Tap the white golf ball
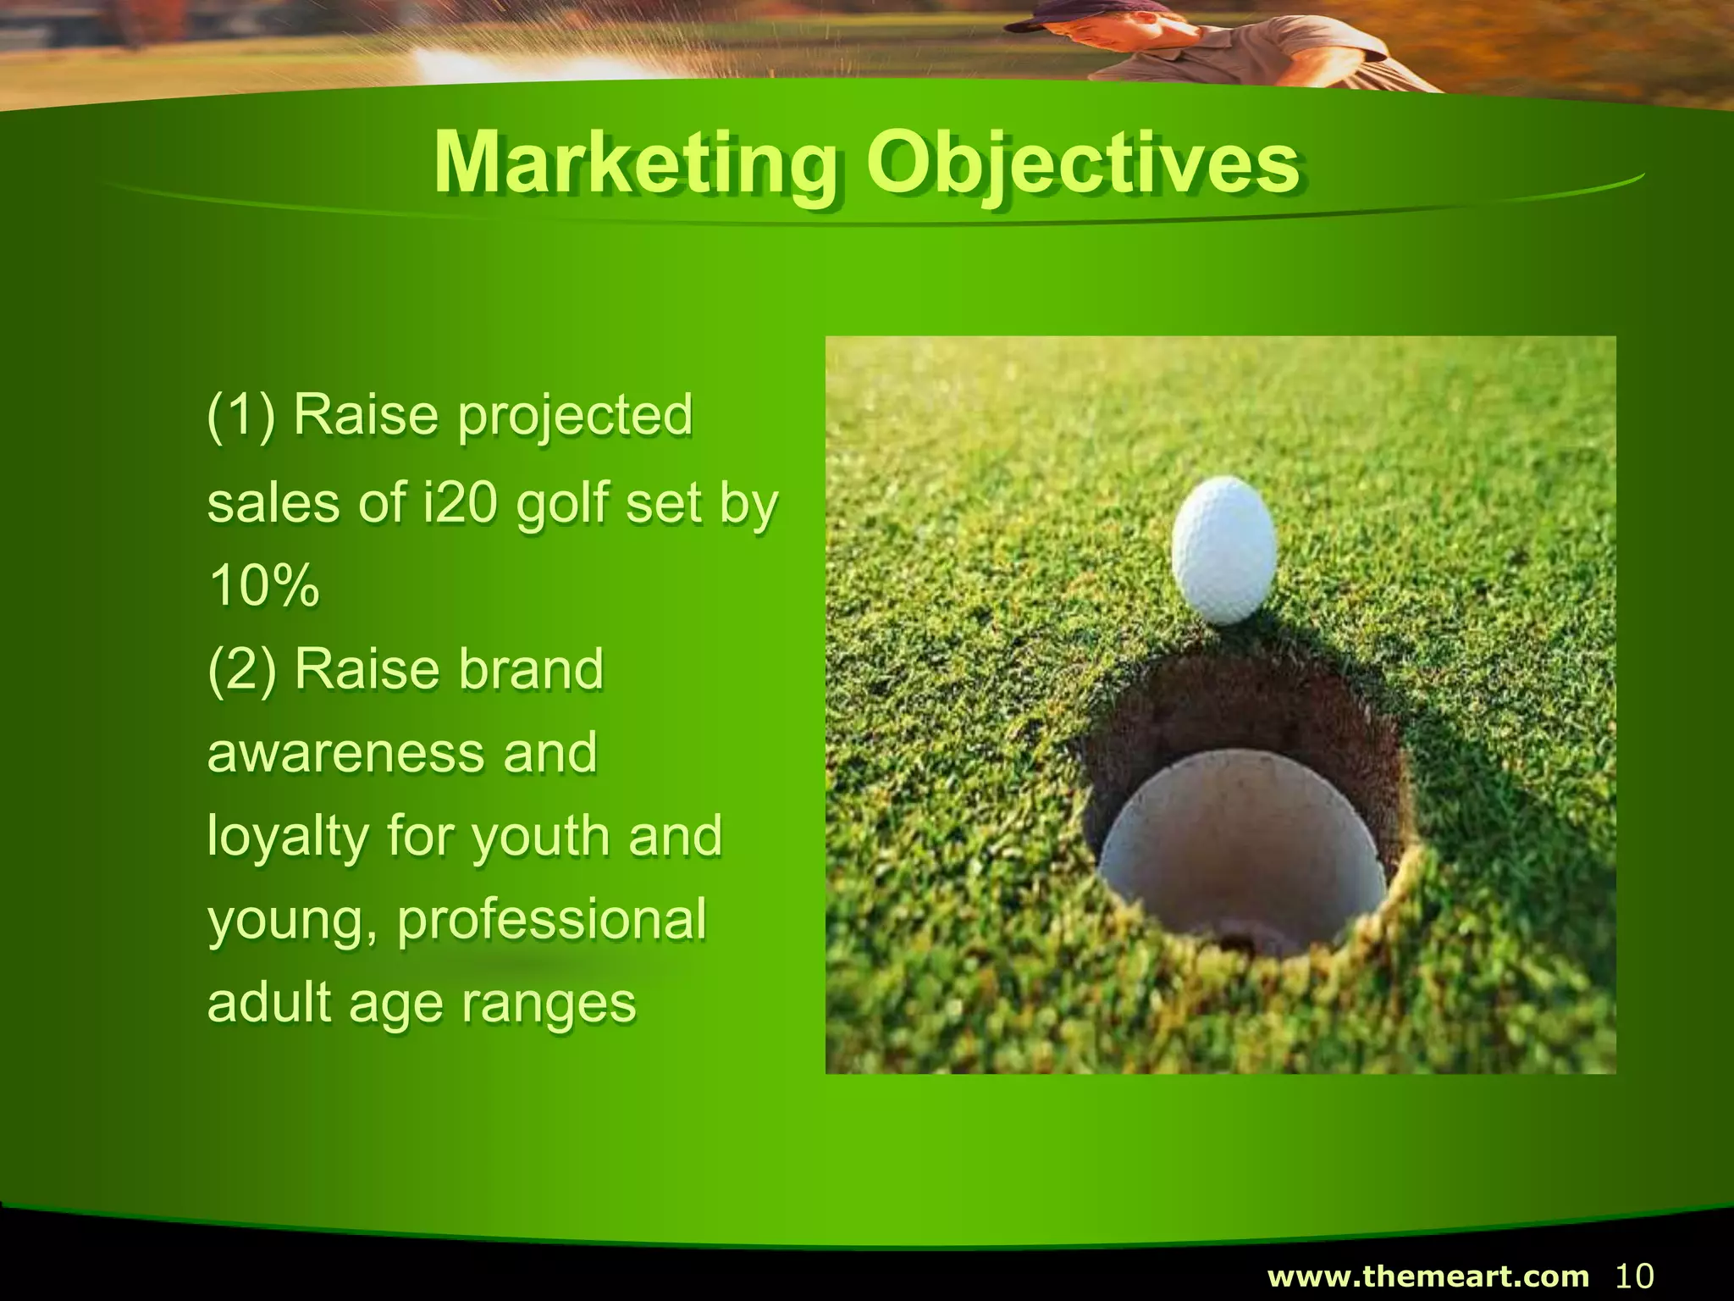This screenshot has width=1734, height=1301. point(1223,549)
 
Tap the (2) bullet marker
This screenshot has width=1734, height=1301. point(242,670)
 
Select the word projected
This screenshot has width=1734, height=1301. point(575,416)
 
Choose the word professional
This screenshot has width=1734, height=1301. point(551,921)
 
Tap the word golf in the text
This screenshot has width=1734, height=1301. point(562,504)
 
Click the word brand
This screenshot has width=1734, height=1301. point(530,670)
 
